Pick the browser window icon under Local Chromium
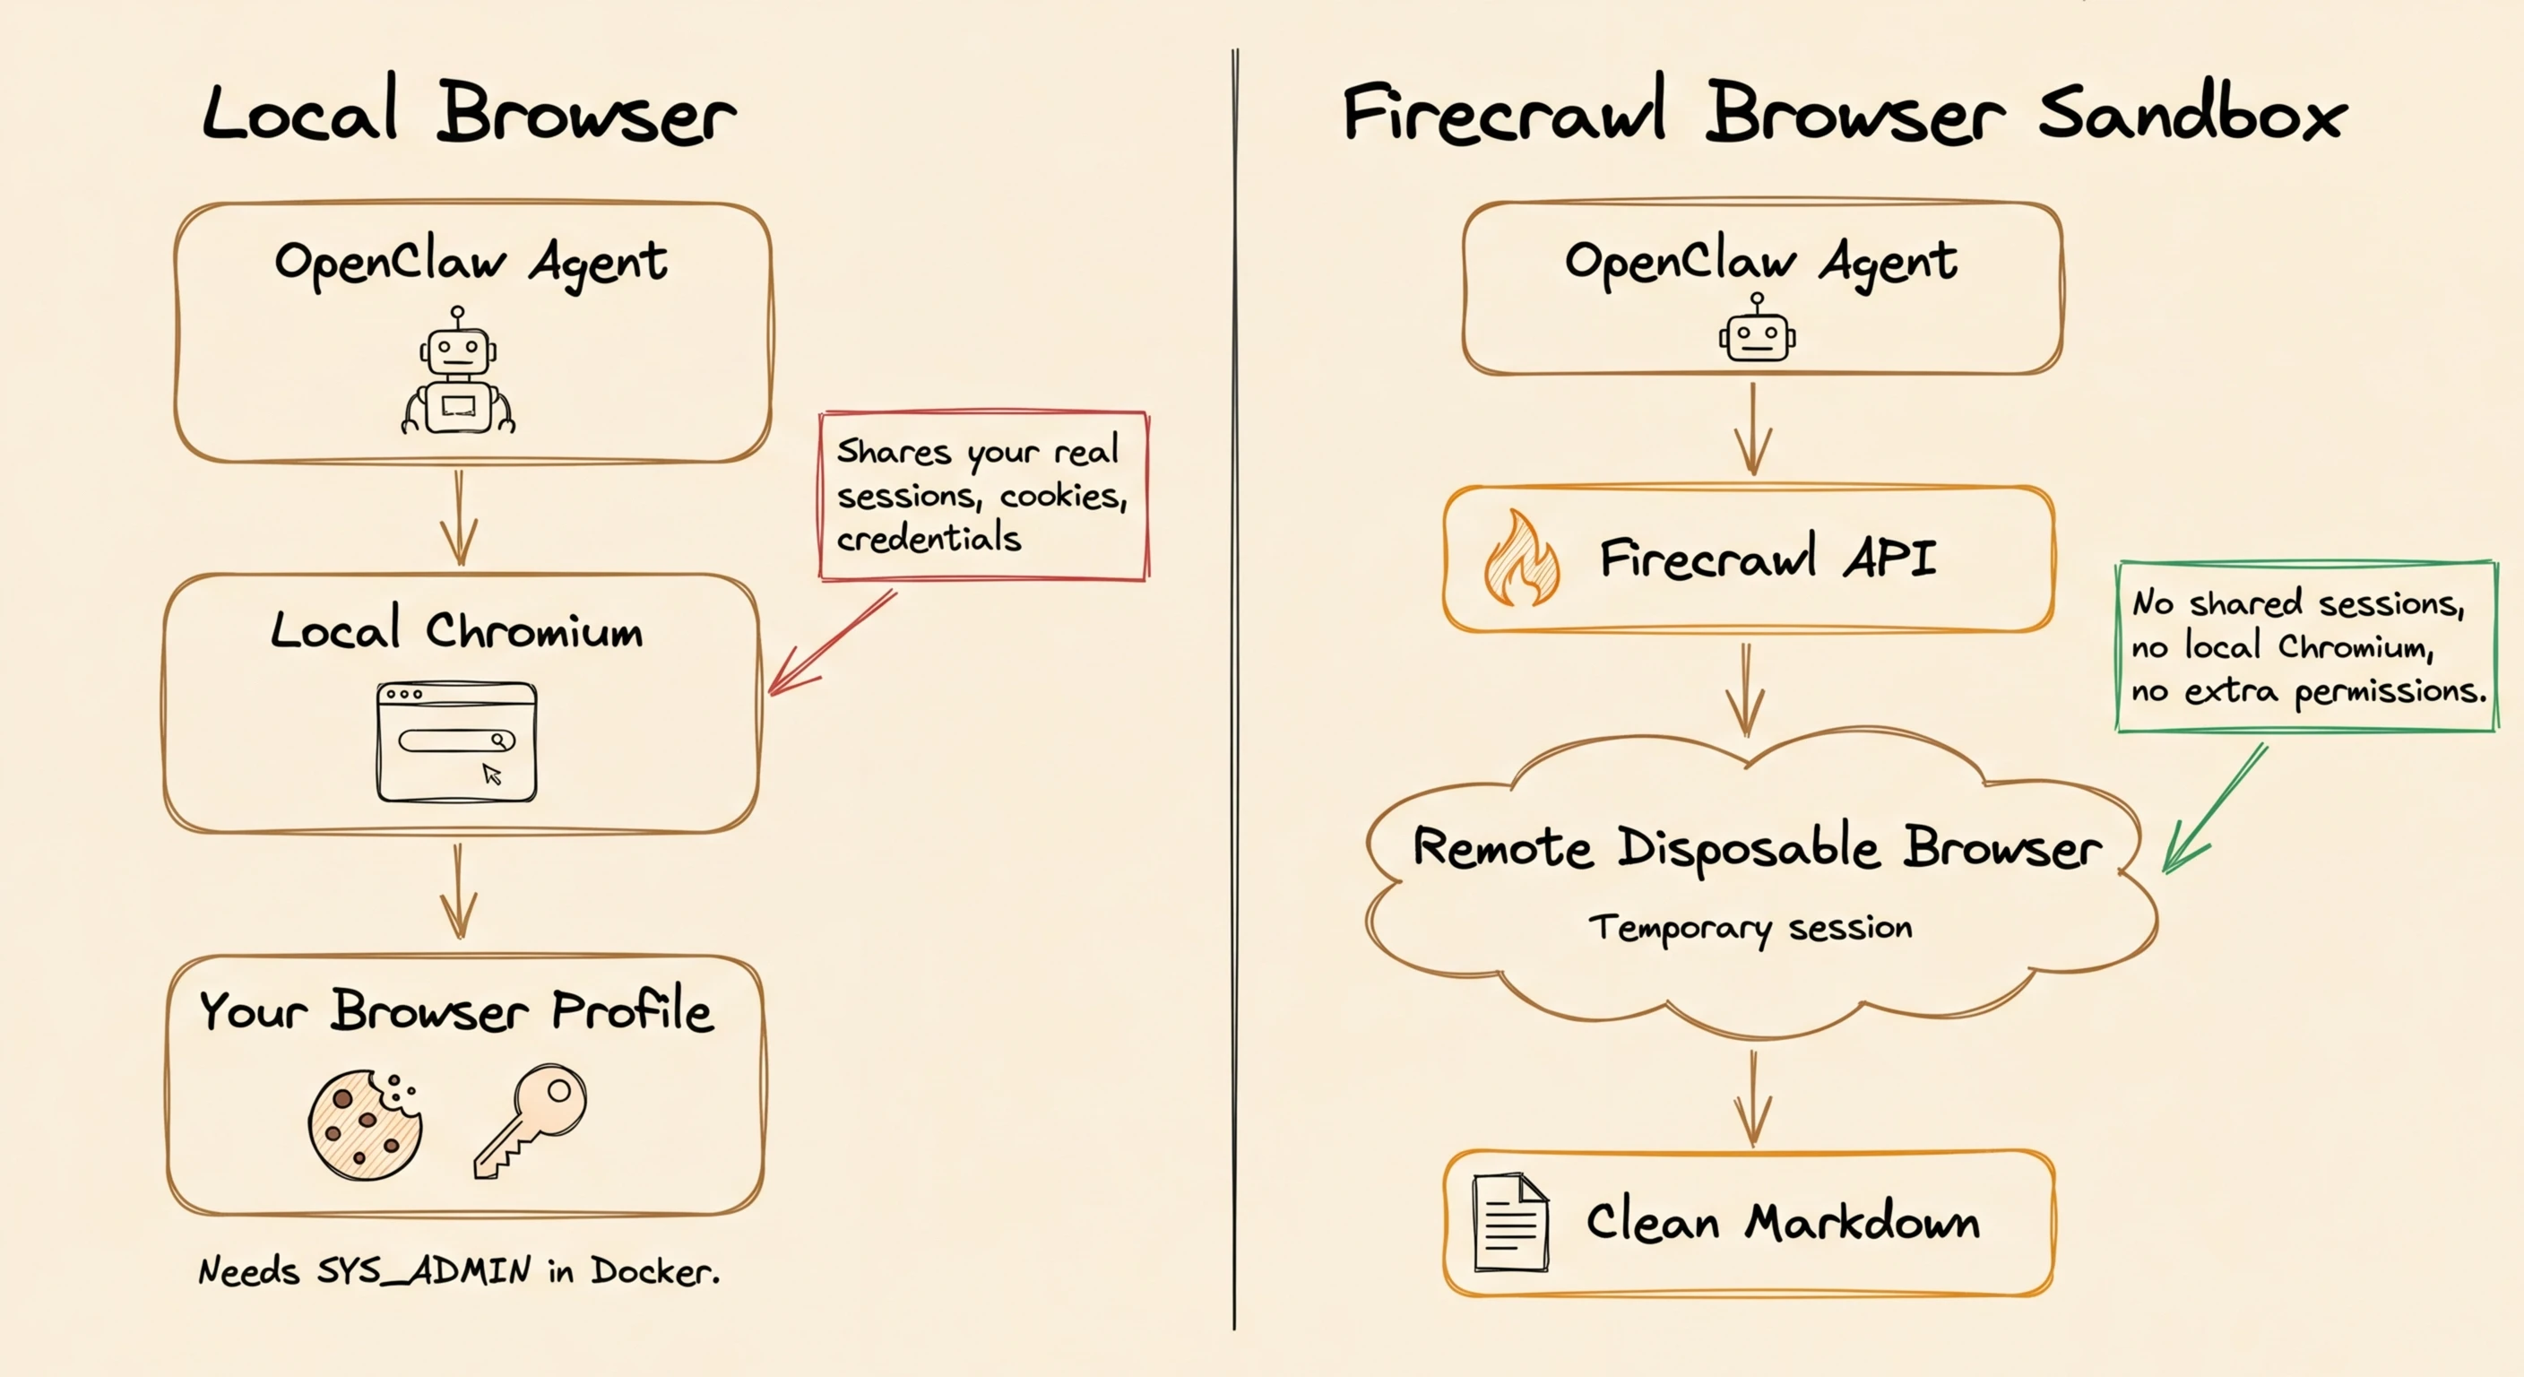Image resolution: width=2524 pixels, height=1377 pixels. (x=456, y=742)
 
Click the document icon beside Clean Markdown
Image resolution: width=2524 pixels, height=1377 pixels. (x=1510, y=1222)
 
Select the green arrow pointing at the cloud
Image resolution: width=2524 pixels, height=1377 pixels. (x=2215, y=809)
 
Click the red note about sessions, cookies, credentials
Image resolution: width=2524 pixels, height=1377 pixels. (x=982, y=496)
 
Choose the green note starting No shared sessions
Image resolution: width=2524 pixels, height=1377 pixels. (x=2305, y=647)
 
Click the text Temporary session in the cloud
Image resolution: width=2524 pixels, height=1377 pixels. (x=1750, y=927)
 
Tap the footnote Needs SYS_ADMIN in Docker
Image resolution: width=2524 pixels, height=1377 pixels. (x=459, y=1271)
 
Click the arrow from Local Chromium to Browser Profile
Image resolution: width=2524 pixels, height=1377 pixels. (x=458, y=892)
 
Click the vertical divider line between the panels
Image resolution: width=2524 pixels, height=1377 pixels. (x=1234, y=686)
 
